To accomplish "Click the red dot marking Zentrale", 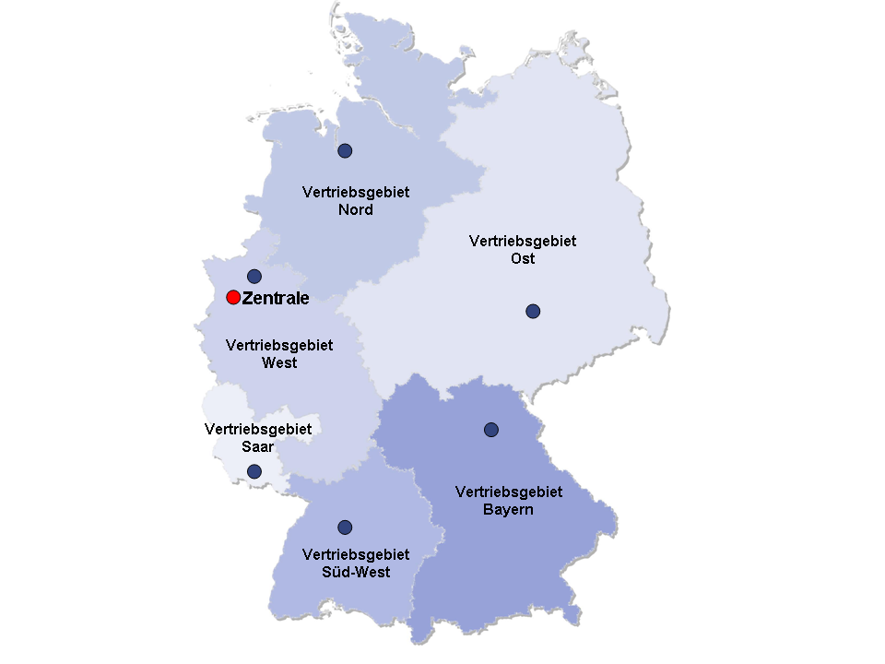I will [233, 297].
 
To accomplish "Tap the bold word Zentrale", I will [275, 298].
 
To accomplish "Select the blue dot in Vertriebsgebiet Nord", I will [345, 150].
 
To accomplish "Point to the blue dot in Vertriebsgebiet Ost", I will [533, 311].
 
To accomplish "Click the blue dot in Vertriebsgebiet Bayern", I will [491, 429].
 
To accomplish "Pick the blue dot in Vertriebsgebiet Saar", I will [254, 471].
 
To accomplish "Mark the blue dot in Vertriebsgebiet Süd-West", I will [345, 528].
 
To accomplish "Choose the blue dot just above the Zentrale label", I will [254, 276].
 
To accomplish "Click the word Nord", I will [356, 209].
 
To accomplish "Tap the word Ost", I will [523, 258].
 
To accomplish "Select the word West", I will [279, 362].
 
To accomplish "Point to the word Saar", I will [258, 446].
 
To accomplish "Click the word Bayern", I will [508, 509].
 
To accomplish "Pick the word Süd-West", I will [356, 572].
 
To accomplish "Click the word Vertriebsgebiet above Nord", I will [356, 192].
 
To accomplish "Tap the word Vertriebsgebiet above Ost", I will [523, 241].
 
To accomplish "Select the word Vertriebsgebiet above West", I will [279, 345].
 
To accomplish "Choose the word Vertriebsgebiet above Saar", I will [258, 429].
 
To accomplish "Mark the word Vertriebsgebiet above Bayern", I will [509, 492].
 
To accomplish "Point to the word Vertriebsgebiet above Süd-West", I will [356, 554].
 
